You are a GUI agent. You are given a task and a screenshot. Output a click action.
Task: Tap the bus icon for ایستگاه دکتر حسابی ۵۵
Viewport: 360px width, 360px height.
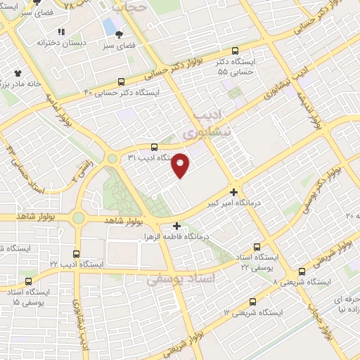coord(235,51)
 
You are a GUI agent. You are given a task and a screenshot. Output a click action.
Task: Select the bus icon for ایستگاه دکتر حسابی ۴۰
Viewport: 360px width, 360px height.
coord(122,81)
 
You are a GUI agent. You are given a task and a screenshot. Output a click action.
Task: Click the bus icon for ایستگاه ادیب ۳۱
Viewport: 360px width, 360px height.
coord(154,146)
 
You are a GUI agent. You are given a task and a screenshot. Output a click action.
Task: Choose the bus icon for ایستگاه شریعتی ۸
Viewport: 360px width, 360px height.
coord(301,271)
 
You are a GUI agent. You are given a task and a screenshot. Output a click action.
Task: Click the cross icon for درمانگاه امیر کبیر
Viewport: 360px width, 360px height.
coord(233,191)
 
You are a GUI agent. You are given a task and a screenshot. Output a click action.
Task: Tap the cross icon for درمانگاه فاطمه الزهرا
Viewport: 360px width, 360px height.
coord(176,226)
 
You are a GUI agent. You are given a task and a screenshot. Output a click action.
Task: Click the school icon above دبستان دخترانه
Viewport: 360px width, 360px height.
coord(61,32)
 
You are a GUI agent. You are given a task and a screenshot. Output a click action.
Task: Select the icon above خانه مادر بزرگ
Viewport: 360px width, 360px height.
coord(18,72)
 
